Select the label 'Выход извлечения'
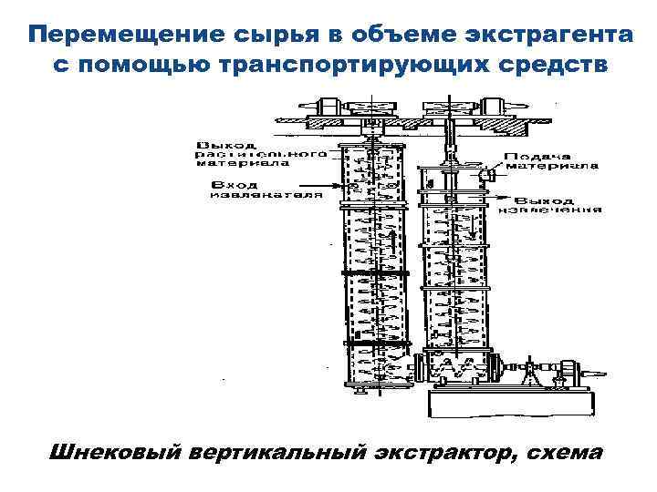click(557, 204)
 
